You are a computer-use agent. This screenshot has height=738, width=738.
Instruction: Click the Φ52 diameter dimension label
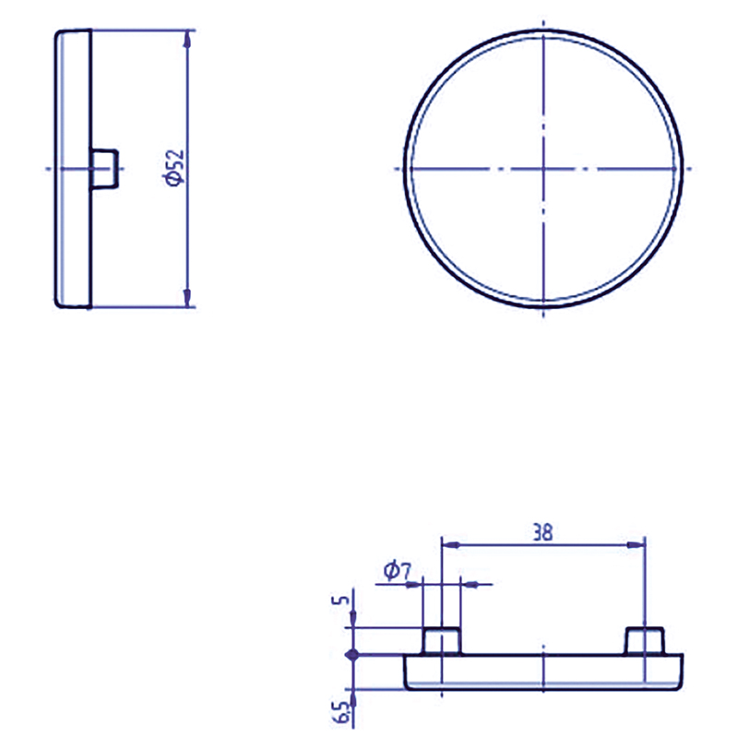pos(173,168)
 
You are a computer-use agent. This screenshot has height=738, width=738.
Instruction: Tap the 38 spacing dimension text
pos(542,533)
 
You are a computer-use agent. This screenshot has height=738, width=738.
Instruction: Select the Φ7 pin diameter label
pos(398,571)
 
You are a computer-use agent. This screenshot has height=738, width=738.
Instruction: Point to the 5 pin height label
pos(344,601)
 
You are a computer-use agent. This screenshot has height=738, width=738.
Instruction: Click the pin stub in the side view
pos(104,169)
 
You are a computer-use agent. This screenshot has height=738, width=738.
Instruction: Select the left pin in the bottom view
pos(442,640)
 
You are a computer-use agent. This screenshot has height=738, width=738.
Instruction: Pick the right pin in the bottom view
pos(644,640)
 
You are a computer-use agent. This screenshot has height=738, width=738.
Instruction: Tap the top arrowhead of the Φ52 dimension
pos(188,39)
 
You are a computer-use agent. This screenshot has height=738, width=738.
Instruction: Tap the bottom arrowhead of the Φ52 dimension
pos(188,298)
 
